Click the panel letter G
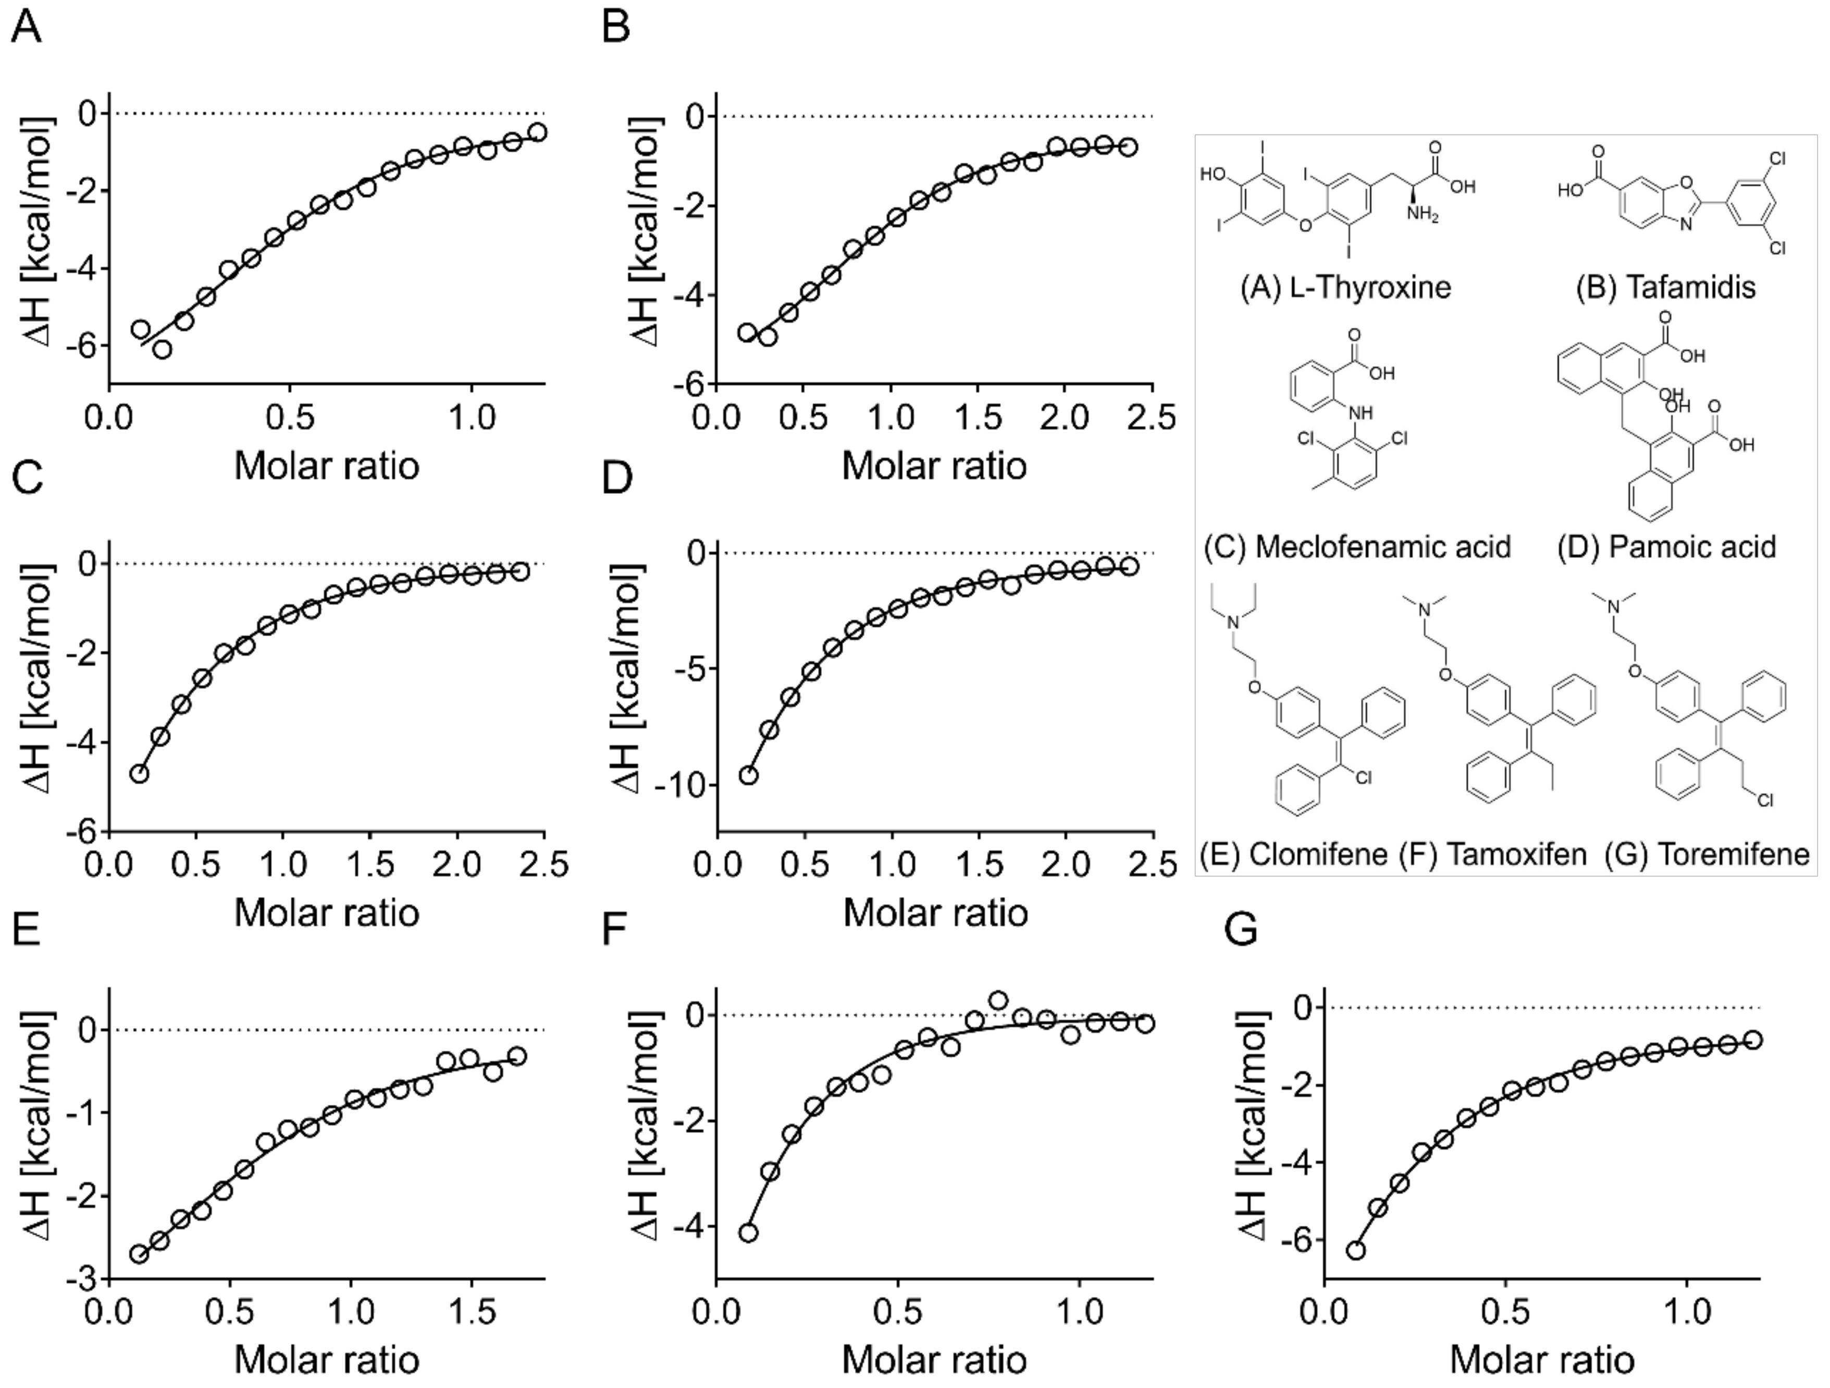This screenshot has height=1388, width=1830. click(x=1241, y=930)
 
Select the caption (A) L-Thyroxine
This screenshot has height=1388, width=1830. click(x=1345, y=287)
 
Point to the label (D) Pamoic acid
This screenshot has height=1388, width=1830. click(x=1666, y=546)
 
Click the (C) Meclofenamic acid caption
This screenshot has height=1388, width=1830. click(x=1357, y=546)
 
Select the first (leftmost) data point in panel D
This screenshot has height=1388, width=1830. click(x=749, y=775)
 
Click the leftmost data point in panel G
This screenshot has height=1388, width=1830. click(x=1355, y=1250)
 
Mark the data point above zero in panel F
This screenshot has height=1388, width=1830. click(x=998, y=1001)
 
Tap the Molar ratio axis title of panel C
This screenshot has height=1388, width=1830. click(x=327, y=912)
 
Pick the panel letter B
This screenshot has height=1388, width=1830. click(x=615, y=28)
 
